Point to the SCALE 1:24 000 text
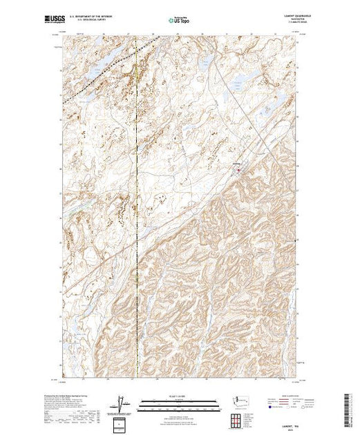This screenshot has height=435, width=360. (178, 398)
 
